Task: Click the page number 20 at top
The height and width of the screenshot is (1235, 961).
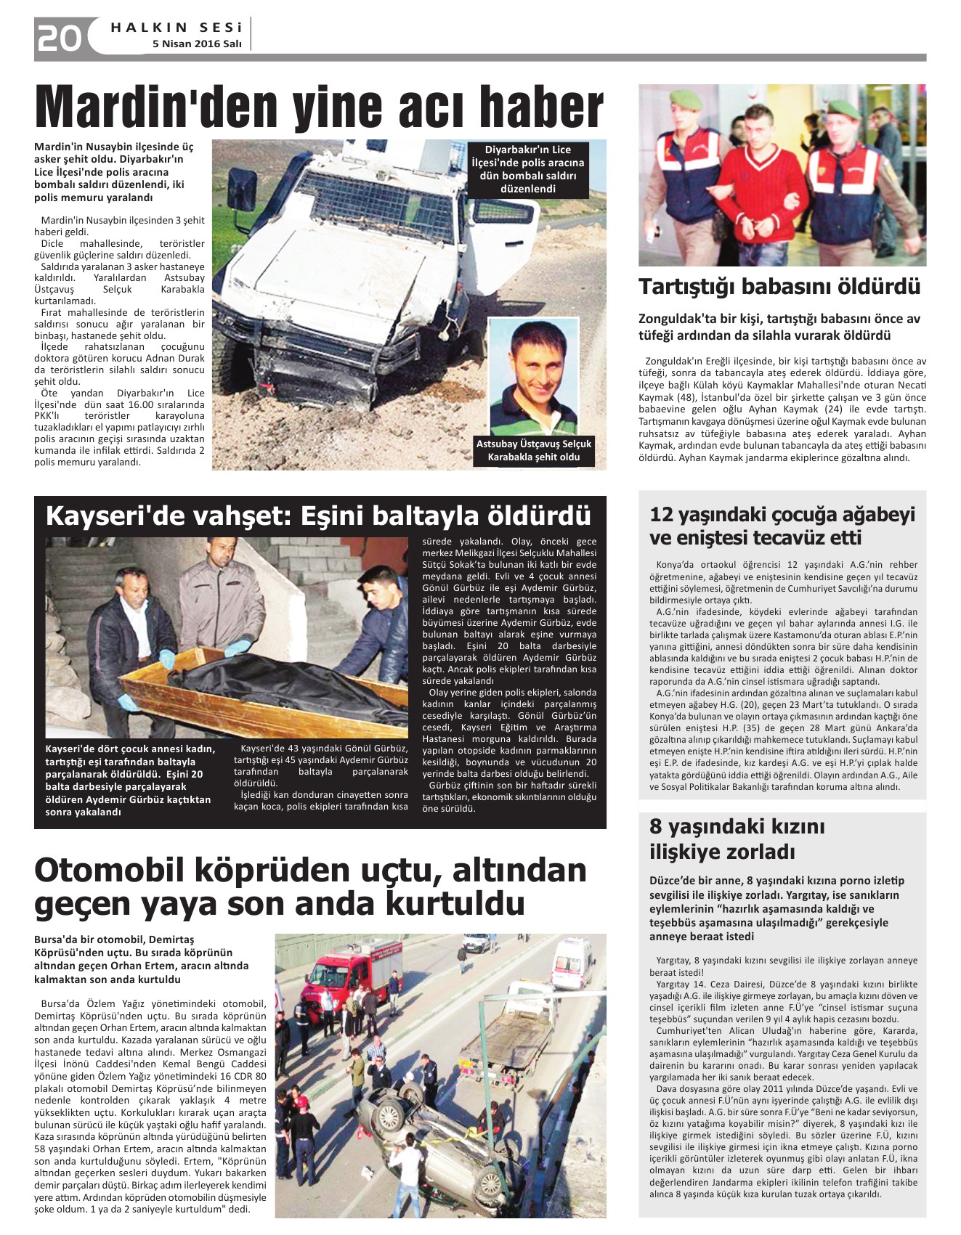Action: click(x=60, y=38)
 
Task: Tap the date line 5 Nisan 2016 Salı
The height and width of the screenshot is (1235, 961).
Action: click(x=196, y=44)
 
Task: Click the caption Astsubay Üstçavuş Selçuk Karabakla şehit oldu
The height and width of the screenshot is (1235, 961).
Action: click(x=534, y=450)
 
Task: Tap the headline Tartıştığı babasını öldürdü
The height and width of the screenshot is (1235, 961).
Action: click(x=779, y=286)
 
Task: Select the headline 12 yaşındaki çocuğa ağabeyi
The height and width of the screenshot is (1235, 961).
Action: click(x=782, y=514)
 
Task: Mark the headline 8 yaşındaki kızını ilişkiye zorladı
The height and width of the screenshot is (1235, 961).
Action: click(x=737, y=839)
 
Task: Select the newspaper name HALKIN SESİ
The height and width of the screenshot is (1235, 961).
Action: click(x=176, y=28)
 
